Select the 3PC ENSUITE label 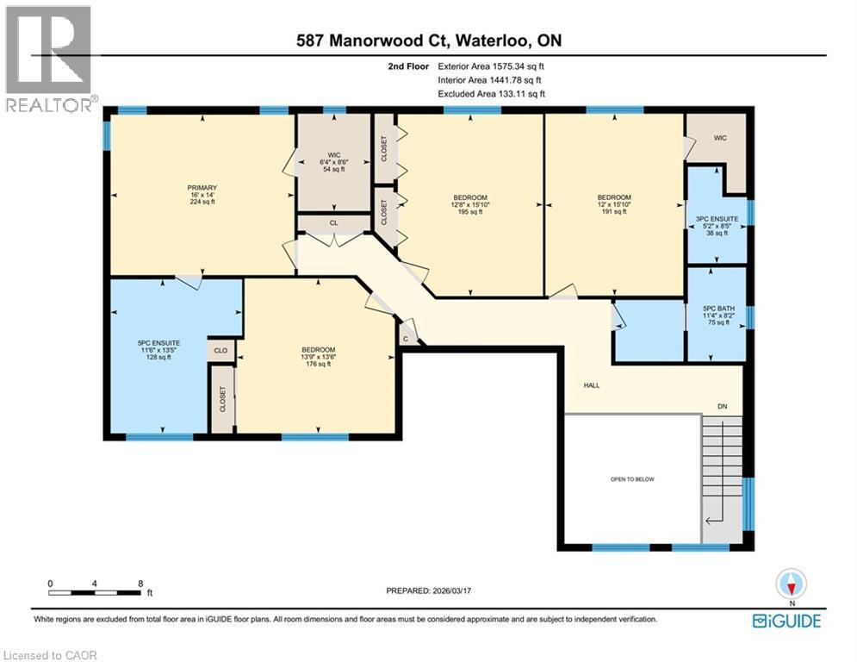click(x=717, y=227)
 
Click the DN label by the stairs click(x=723, y=408)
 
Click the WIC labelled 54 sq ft click(x=322, y=163)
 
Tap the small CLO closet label click(x=220, y=351)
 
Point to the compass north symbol click(x=790, y=584)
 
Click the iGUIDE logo click(x=786, y=621)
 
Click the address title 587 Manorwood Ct click(x=428, y=41)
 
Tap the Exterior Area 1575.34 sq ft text click(x=491, y=66)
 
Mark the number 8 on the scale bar click(x=140, y=583)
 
